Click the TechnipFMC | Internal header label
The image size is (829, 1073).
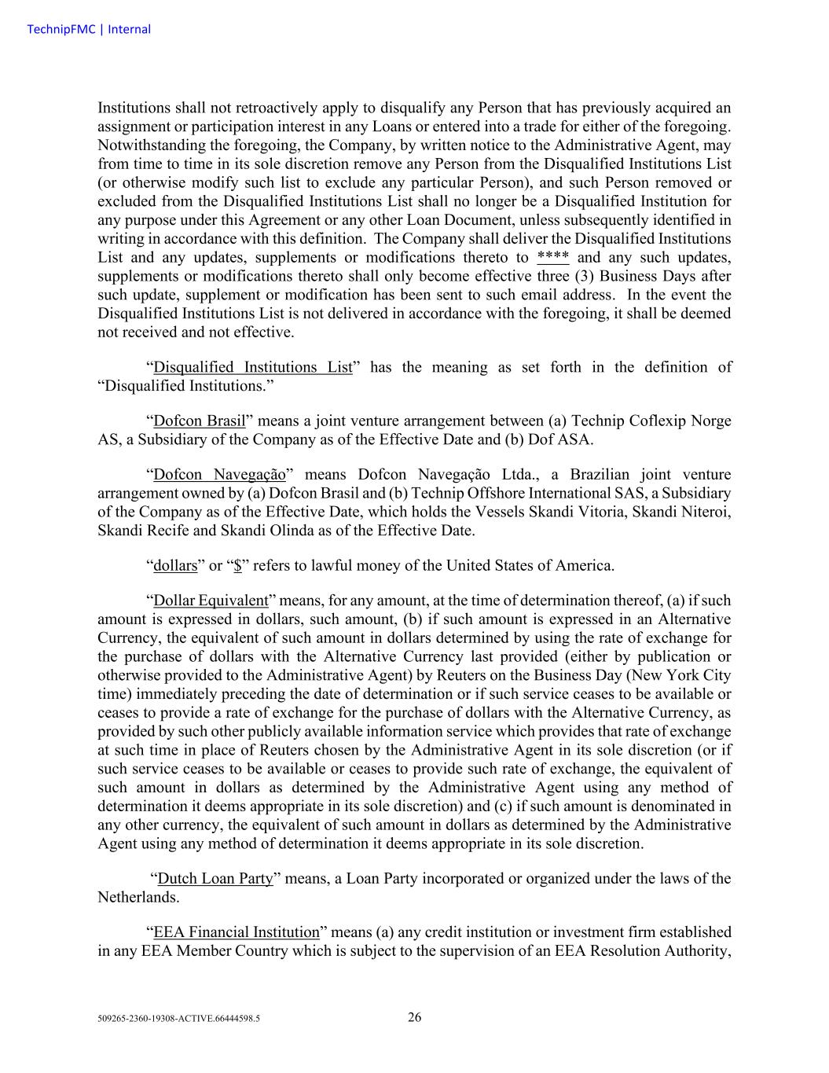(x=88, y=29)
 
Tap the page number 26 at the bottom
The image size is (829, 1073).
(x=414, y=1017)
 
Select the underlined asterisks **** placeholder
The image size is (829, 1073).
(x=553, y=257)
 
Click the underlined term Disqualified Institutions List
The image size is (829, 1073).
(x=252, y=367)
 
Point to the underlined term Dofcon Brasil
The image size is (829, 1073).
(x=200, y=421)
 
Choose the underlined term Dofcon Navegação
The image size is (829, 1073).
(x=219, y=475)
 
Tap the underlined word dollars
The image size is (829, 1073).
(x=175, y=566)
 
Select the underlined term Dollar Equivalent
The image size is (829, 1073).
(x=211, y=601)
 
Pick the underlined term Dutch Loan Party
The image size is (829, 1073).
(x=215, y=879)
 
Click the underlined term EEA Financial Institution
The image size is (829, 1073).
(x=237, y=932)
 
